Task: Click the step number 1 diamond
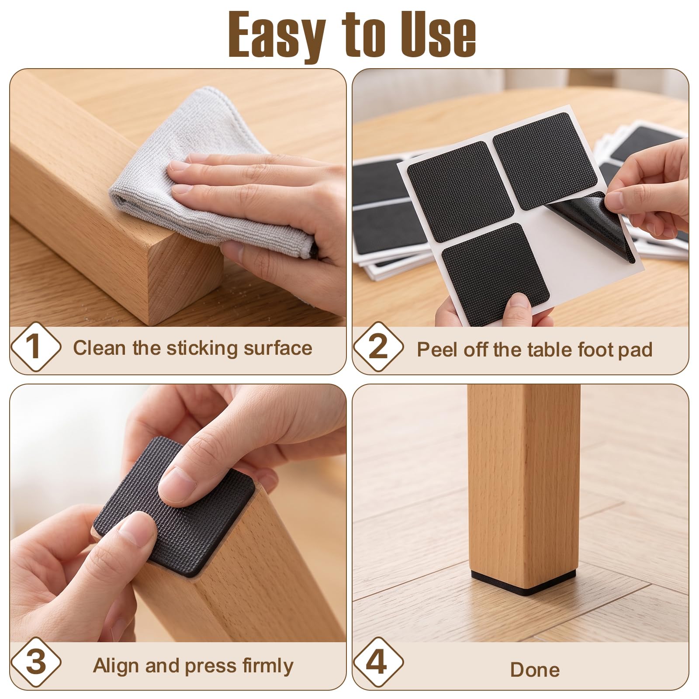[x=36, y=347]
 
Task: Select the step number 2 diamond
[x=378, y=347]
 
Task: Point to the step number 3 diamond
[x=36, y=662]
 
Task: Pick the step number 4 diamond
[x=378, y=662]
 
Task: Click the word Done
[x=535, y=670]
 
